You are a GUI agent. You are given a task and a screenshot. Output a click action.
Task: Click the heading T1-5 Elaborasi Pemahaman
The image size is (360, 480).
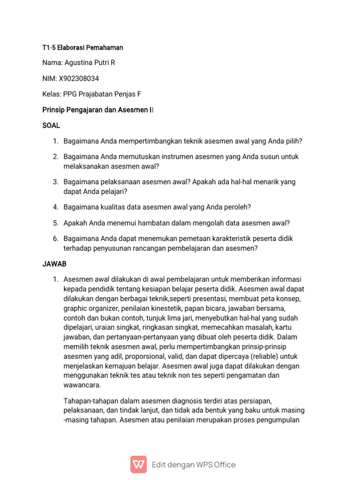click(x=83, y=47)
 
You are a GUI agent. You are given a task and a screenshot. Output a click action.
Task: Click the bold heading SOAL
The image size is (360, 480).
click(x=52, y=126)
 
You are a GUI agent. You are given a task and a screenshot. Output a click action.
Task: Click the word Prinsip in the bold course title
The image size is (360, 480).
click(x=54, y=110)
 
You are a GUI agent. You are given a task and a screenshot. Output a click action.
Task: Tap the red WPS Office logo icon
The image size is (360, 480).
click(x=138, y=464)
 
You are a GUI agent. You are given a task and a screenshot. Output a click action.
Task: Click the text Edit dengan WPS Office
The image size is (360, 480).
click(x=194, y=465)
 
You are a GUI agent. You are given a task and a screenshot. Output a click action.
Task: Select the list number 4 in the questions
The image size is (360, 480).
click(x=55, y=207)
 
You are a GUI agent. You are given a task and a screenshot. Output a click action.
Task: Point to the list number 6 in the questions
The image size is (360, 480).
click(x=55, y=239)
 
